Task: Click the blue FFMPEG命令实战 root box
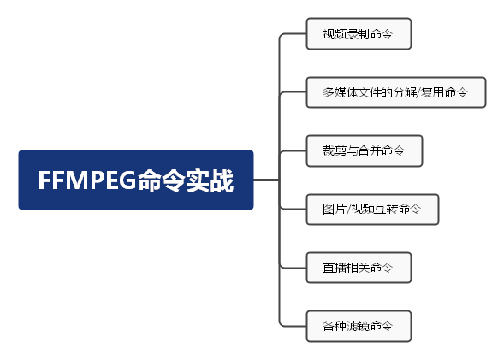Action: point(136,180)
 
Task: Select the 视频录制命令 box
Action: point(359,33)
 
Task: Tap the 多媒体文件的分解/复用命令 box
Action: point(396,92)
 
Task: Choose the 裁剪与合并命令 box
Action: point(365,150)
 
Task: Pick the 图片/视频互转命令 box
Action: point(372,209)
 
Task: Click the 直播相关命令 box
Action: point(359,268)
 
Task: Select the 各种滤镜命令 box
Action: point(359,326)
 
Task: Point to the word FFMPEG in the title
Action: point(87,180)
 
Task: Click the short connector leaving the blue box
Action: point(266,180)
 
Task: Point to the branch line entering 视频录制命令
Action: point(293,33)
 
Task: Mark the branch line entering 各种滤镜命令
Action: point(293,326)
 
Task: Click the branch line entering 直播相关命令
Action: point(293,268)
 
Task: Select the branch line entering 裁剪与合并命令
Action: point(293,151)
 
